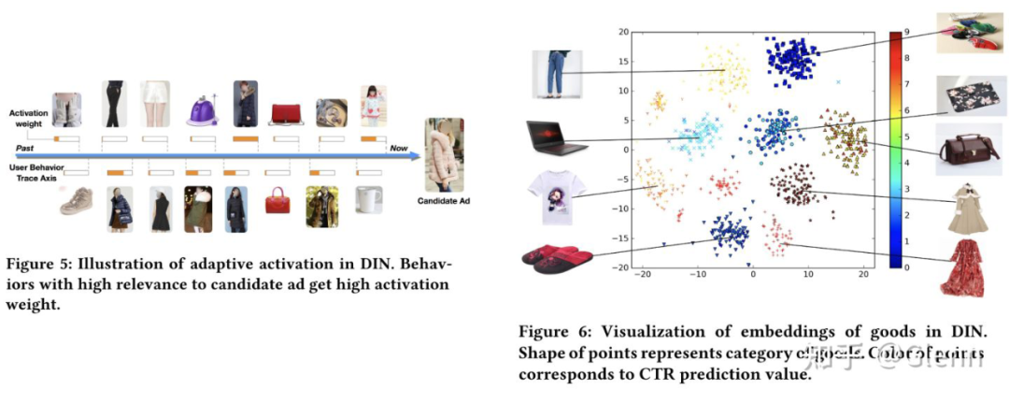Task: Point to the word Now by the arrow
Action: coord(399,149)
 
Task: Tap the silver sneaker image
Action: coord(76,201)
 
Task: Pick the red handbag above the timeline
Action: coord(286,113)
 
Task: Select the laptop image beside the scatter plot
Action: coord(550,137)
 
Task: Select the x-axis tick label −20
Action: coord(641,276)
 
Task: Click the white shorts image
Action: coord(155,105)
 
